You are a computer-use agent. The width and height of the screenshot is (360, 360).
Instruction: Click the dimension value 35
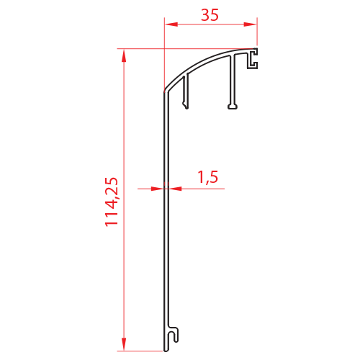(x=210, y=15)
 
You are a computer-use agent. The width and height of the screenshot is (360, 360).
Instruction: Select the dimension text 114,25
(x=112, y=202)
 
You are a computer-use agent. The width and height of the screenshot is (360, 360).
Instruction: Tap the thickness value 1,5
(x=208, y=177)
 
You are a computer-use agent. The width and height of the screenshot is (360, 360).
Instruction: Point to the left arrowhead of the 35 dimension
(x=171, y=24)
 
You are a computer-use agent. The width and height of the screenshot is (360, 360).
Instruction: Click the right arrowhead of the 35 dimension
(x=250, y=24)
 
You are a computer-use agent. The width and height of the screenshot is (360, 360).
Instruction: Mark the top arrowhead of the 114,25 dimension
(x=124, y=55)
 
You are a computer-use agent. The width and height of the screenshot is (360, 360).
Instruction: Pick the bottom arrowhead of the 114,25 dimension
(x=124, y=344)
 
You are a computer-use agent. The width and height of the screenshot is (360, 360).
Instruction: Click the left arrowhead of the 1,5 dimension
(x=158, y=189)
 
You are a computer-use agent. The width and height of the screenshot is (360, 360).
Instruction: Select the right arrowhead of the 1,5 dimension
(x=175, y=189)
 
